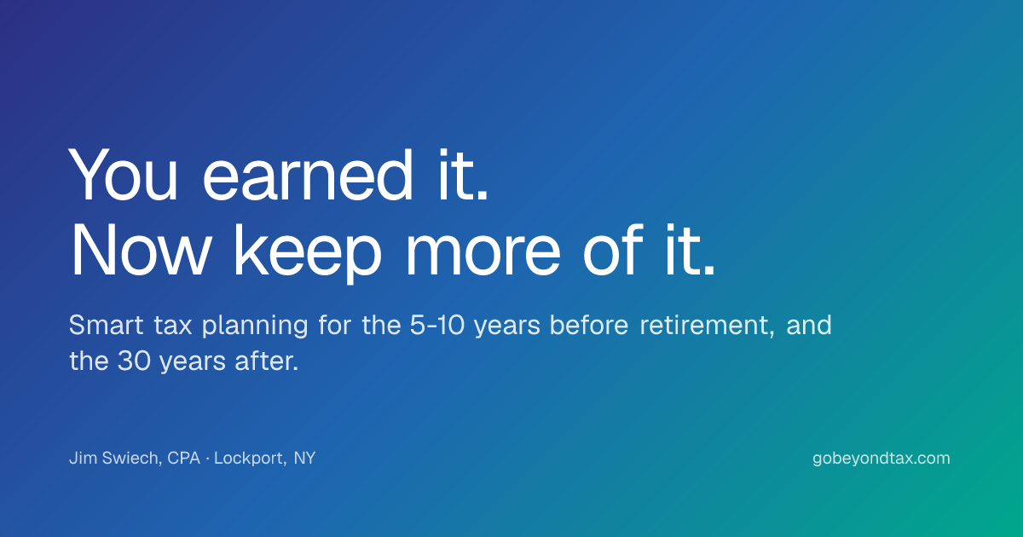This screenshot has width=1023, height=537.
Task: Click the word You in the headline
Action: click(x=123, y=175)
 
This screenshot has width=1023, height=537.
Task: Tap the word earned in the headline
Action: click(x=308, y=175)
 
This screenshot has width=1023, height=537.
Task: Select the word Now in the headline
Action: click(x=141, y=251)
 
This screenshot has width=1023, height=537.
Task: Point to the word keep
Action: click(x=308, y=254)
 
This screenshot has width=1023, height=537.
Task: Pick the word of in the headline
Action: click(x=613, y=251)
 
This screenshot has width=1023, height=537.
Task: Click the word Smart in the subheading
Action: click(x=106, y=325)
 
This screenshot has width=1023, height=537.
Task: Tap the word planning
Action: click(x=255, y=326)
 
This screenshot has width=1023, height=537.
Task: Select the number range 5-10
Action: click(x=437, y=325)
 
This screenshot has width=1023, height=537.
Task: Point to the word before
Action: click(x=589, y=325)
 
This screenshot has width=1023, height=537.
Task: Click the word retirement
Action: click(x=707, y=326)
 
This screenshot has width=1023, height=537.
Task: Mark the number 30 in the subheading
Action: click(x=134, y=361)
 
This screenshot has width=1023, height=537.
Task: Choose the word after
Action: click(x=266, y=361)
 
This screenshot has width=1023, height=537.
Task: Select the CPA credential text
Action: click(x=184, y=458)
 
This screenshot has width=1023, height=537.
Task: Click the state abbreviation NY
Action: click(x=304, y=458)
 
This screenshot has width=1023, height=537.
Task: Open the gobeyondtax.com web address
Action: click(x=881, y=459)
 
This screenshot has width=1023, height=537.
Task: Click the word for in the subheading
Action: click(x=335, y=325)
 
